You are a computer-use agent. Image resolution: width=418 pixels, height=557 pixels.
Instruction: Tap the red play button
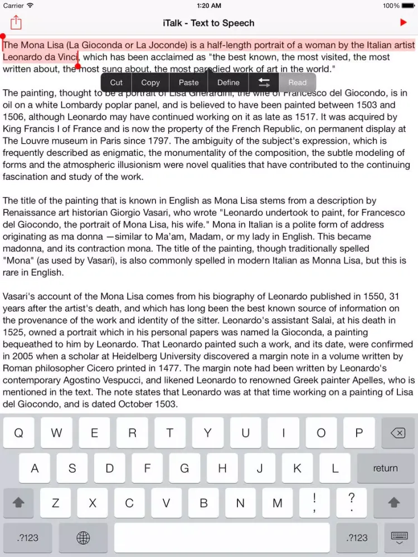(404, 23)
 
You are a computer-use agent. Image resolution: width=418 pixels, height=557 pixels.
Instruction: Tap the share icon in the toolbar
(16, 23)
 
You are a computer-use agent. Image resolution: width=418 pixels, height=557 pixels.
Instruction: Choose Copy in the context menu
(150, 82)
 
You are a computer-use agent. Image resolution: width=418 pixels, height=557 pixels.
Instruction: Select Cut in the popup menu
(116, 82)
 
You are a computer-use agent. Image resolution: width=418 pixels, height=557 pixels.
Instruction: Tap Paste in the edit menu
(188, 82)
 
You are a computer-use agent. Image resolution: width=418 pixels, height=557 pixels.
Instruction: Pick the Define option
(228, 82)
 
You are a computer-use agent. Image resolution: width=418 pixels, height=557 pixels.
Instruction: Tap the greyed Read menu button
(297, 82)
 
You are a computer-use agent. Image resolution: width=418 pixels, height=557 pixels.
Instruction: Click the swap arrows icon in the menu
(264, 82)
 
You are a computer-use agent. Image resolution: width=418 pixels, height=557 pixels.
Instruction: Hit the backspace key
(397, 433)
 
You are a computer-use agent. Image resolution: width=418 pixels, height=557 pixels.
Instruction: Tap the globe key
(83, 538)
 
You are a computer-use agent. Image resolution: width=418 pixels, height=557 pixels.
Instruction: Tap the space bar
(222, 538)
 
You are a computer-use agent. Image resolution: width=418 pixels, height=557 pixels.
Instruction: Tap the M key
(277, 503)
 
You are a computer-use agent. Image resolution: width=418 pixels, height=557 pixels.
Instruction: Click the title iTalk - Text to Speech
(208, 23)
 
